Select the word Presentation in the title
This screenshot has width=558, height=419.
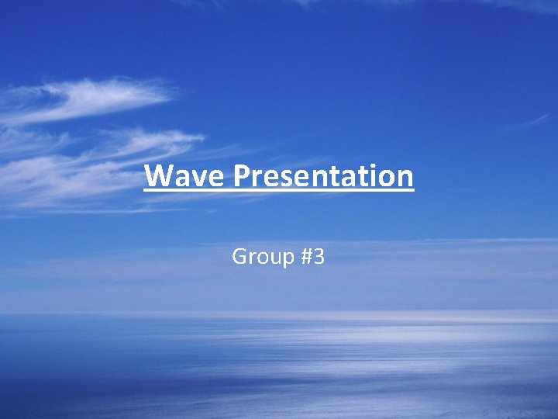323,176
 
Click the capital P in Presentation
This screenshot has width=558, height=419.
241,176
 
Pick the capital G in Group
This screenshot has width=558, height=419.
239,256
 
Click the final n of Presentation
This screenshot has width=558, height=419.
405,178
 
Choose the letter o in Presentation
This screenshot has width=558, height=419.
388,178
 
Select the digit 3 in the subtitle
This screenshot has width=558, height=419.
319,256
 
